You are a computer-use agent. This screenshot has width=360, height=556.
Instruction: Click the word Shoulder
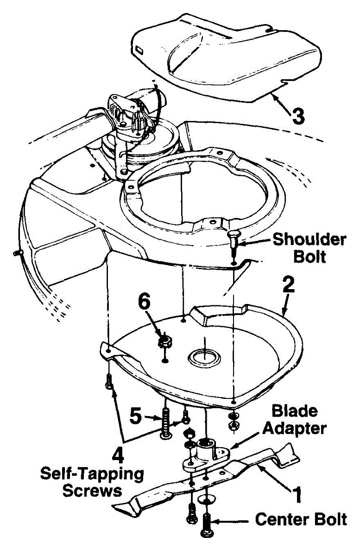(x=309, y=240)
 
